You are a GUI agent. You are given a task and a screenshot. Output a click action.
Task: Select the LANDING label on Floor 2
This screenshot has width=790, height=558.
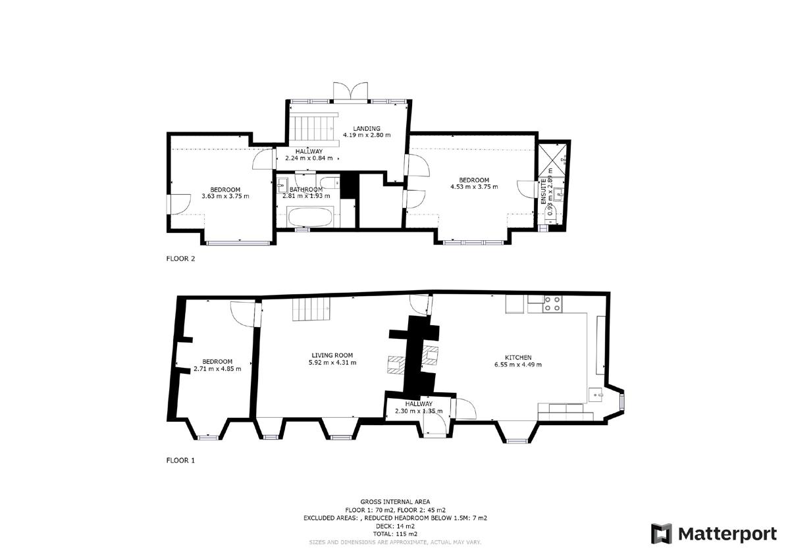point(366,128)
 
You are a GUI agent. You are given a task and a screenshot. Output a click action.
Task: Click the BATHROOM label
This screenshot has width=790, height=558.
point(305,190)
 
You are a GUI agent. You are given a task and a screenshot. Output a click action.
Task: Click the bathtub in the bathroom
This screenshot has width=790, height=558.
point(310,216)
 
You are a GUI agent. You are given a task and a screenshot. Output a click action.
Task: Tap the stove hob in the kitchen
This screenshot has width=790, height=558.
point(552,304)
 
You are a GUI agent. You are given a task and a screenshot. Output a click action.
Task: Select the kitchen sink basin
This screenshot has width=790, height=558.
point(598,394)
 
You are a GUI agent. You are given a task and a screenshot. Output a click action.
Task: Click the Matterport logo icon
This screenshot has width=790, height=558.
point(662,534)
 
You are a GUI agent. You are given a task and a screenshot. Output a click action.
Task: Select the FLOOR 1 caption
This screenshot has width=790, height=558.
point(180,461)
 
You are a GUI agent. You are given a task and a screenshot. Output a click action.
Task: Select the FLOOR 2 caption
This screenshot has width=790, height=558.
point(180,259)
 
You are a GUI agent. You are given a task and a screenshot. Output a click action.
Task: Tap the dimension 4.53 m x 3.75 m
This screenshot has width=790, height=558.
point(474,187)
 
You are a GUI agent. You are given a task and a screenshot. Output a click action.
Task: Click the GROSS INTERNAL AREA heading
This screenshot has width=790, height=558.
point(395,501)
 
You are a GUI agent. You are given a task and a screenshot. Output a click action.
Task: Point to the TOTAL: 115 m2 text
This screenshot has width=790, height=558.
point(395,534)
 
